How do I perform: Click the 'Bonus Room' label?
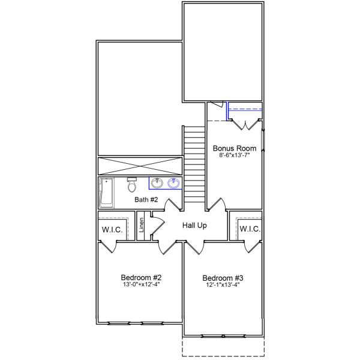(235, 148)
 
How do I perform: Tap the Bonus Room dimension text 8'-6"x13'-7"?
(235, 155)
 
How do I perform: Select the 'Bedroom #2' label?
(141, 278)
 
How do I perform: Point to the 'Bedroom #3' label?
(223, 278)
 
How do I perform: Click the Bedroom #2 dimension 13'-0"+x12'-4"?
(141, 285)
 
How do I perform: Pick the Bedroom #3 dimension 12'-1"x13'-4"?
(223, 285)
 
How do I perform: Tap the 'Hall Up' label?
(194, 226)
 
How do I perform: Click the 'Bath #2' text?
(146, 199)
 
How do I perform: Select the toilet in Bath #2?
(133, 184)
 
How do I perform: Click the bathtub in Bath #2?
(106, 192)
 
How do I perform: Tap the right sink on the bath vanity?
(175, 183)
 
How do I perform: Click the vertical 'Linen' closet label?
(142, 226)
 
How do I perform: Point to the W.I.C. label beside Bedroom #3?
(250, 229)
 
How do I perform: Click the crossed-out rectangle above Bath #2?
(139, 165)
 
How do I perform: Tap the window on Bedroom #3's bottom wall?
(223, 335)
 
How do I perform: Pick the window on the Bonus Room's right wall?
(263, 140)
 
